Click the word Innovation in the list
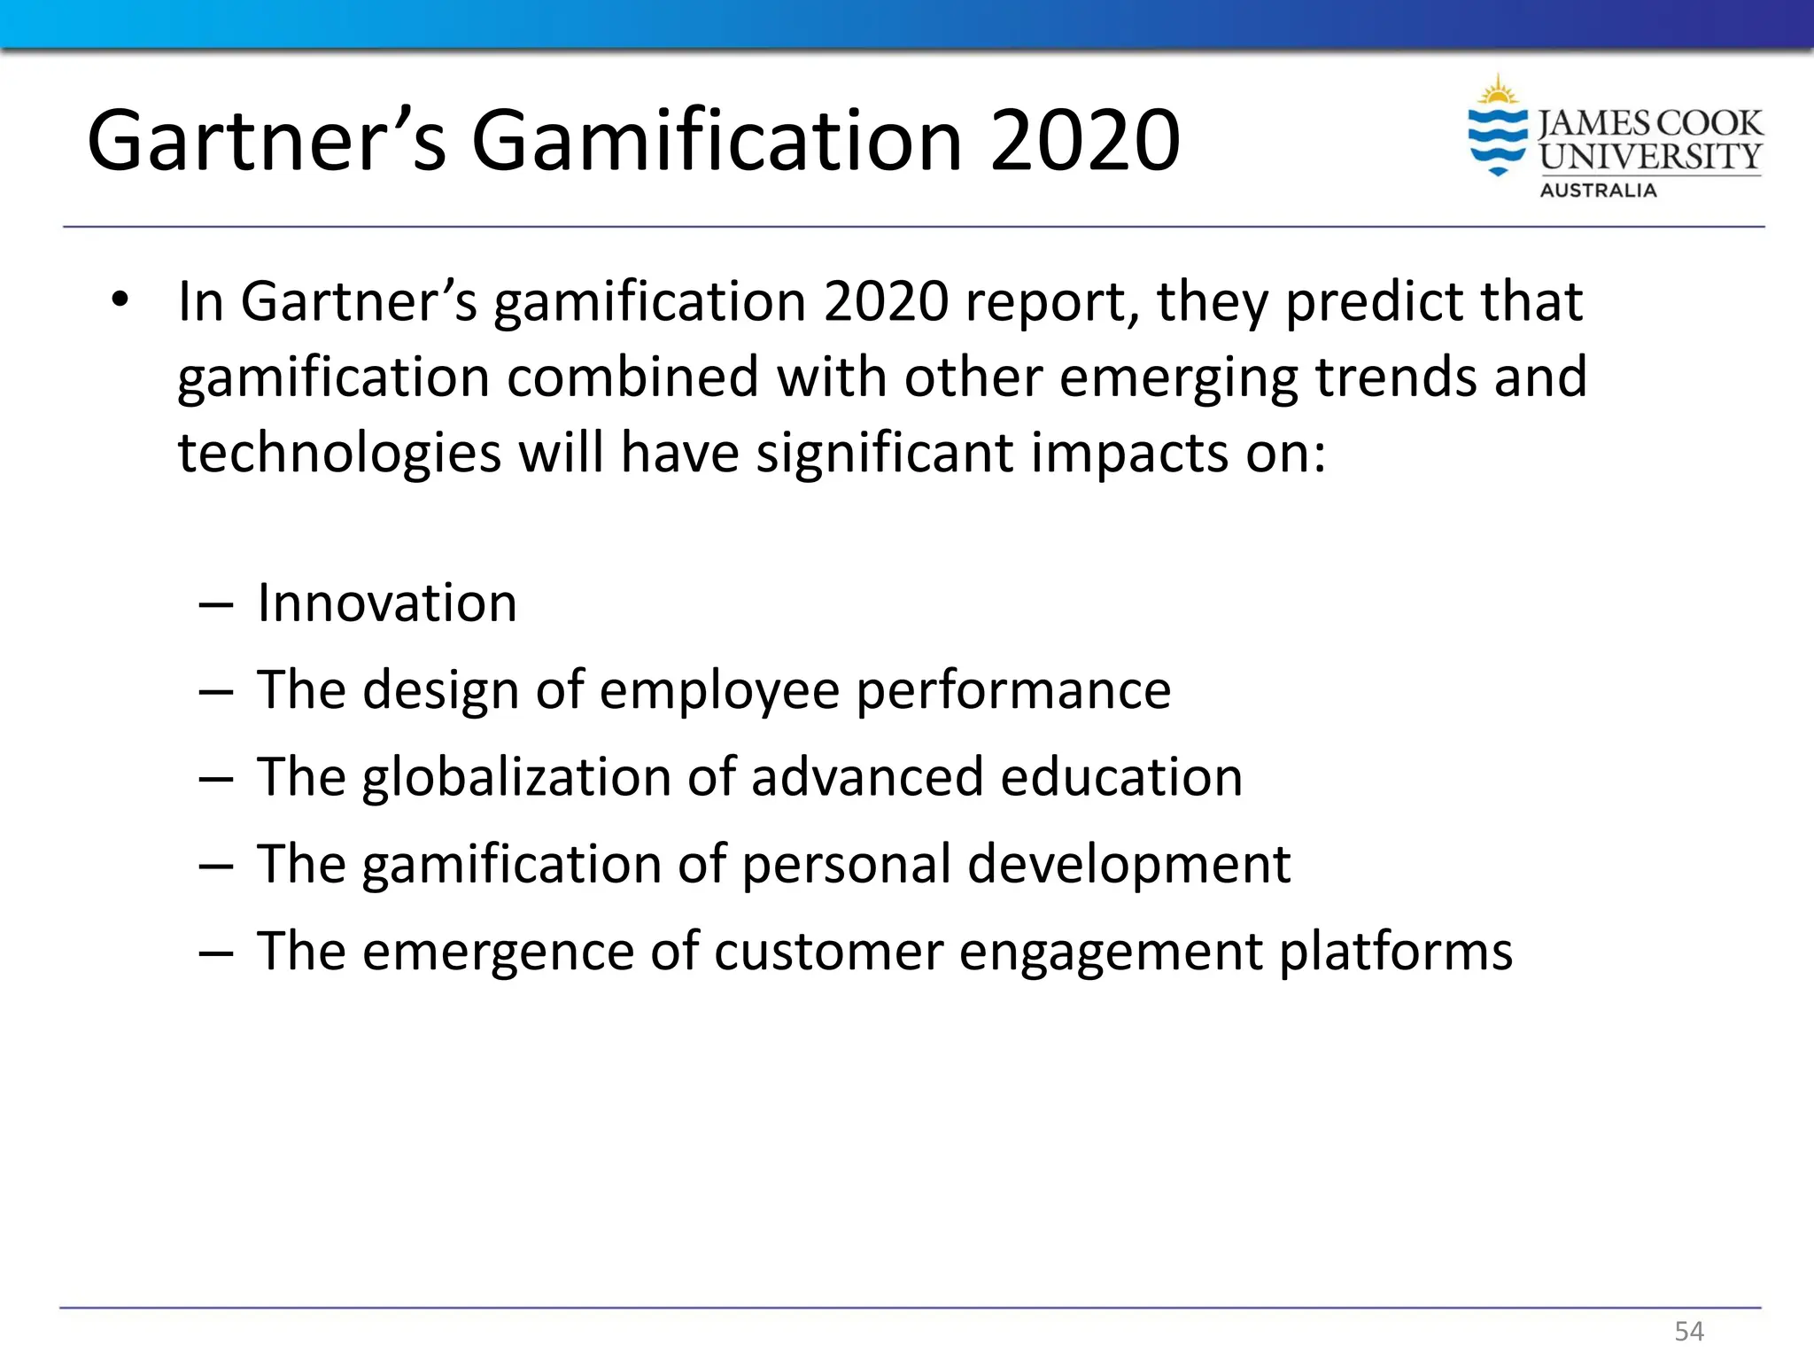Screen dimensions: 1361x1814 (387, 603)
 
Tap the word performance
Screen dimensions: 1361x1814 (1013, 691)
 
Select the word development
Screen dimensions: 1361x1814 (1128, 864)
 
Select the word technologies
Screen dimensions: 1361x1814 (339, 453)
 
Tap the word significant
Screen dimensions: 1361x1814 (884, 453)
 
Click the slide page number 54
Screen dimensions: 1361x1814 (1689, 1331)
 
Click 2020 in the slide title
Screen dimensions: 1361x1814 (1085, 141)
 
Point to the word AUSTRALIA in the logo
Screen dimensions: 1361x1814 (1598, 191)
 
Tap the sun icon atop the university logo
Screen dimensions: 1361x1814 (1498, 91)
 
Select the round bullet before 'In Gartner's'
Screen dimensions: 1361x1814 (120, 300)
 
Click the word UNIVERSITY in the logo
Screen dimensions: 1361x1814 (1650, 157)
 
